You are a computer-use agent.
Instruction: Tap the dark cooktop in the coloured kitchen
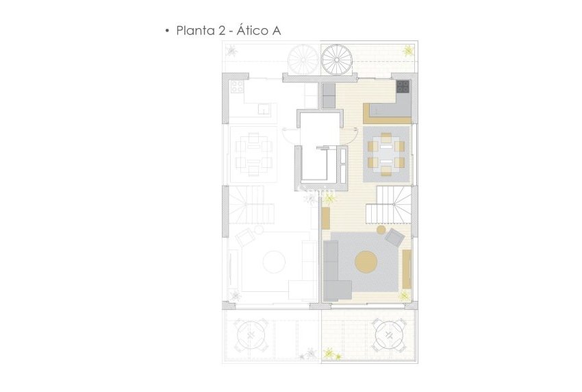click(x=403, y=87)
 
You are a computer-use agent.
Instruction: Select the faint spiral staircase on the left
click(x=302, y=60)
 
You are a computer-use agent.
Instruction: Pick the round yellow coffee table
click(x=365, y=262)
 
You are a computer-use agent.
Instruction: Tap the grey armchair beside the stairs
click(x=394, y=238)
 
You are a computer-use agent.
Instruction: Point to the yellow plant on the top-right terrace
click(x=408, y=49)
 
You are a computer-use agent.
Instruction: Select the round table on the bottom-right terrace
click(x=388, y=334)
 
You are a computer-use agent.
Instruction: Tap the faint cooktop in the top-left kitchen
click(x=238, y=88)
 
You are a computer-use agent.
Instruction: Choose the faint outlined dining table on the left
click(x=252, y=154)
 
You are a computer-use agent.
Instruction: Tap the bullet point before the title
click(x=166, y=32)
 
